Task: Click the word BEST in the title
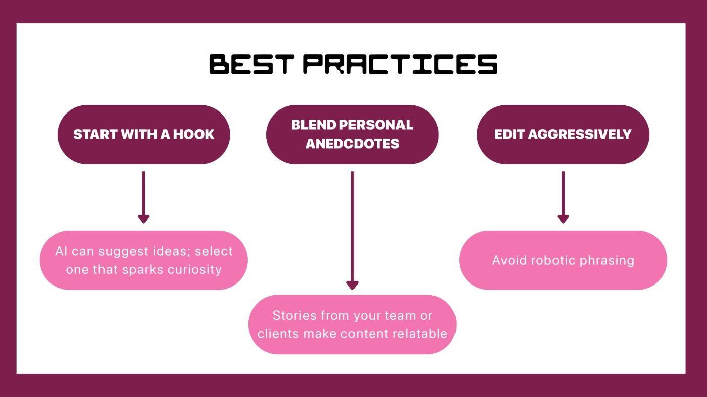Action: click(x=252, y=65)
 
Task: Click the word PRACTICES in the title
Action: click(x=400, y=65)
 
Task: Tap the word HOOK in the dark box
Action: click(x=193, y=134)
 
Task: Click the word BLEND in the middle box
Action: click(x=314, y=125)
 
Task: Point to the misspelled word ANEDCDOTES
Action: click(x=352, y=144)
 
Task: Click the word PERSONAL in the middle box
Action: click(x=376, y=125)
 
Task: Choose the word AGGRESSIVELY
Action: click(x=580, y=134)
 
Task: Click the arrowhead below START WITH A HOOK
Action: click(x=143, y=219)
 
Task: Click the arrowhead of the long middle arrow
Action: click(x=352, y=286)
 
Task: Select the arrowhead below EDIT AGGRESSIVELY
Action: click(x=563, y=219)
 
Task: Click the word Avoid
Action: click(x=510, y=260)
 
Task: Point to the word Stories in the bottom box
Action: click(x=294, y=316)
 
